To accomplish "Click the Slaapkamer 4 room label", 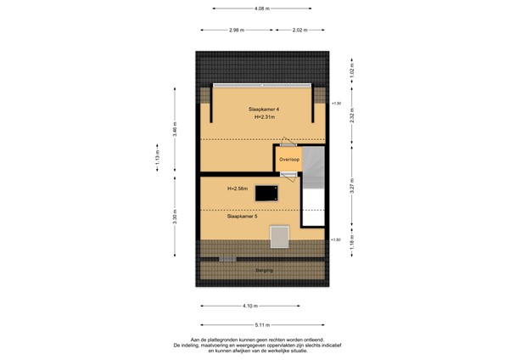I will click(x=264, y=110).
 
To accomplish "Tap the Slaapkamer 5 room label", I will click(x=242, y=217).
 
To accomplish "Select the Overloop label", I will click(x=289, y=159).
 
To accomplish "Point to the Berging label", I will click(x=265, y=270).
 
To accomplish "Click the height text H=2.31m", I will click(x=266, y=119).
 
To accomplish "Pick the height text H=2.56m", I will click(x=238, y=188).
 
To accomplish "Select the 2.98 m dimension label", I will click(x=238, y=31).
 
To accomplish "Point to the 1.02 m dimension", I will click(x=351, y=68).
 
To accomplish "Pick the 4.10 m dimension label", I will click(x=249, y=306).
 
